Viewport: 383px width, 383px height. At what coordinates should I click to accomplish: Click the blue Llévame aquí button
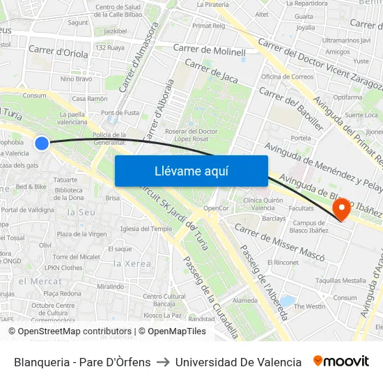(191, 171)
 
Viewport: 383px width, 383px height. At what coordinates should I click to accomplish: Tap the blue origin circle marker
(42, 143)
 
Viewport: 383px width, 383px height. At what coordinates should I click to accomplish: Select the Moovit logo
(341, 361)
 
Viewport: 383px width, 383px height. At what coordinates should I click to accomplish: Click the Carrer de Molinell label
(210, 50)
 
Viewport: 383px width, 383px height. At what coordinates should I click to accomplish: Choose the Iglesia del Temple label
(146, 228)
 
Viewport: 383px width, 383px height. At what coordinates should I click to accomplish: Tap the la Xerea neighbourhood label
(132, 263)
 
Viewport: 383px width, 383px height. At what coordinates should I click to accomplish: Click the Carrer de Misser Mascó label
(279, 242)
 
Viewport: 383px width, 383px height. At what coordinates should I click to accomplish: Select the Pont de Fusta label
(120, 112)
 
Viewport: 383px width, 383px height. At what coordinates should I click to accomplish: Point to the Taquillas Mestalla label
(341, 280)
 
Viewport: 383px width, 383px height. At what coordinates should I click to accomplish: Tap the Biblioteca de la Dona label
(69, 193)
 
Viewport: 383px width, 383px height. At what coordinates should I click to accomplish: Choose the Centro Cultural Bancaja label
(164, 299)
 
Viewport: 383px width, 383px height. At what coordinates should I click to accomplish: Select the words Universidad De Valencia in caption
(238, 362)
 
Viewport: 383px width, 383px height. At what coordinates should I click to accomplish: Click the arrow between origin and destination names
(163, 362)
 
